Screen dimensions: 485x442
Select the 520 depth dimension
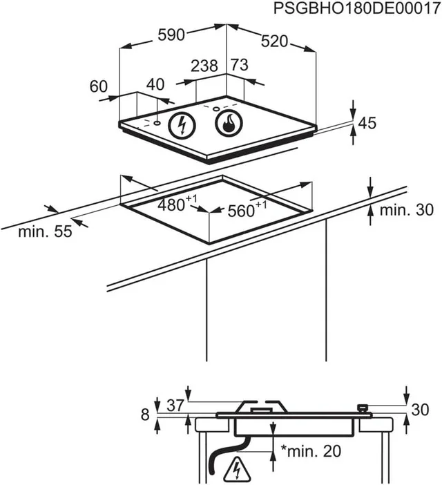pyautogui.click(x=274, y=41)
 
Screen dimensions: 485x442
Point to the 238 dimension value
pyautogui.click(x=204, y=66)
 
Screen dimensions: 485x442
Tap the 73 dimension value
pyautogui.click(x=239, y=66)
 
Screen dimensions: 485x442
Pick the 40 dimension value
pyautogui.click(x=156, y=84)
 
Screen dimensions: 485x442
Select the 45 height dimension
pyautogui.click(x=367, y=124)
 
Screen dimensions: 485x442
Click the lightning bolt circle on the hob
pyautogui.click(x=182, y=125)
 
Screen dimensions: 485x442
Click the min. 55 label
pyautogui.click(x=46, y=232)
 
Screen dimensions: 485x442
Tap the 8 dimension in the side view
pyautogui.click(x=144, y=415)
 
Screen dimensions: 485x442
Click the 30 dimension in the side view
pyautogui.click(x=420, y=410)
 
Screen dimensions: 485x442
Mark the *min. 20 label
pyautogui.click(x=311, y=451)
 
